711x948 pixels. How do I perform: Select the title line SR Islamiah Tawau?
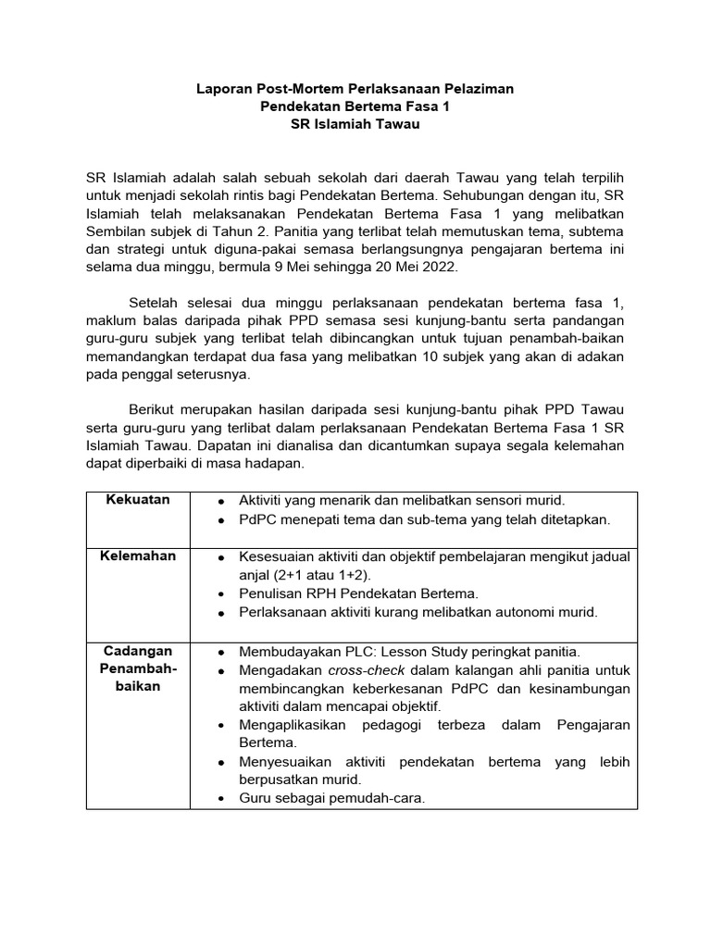pyautogui.click(x=355, y=124)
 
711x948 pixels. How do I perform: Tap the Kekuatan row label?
pyautogui.click(x=138, y=500)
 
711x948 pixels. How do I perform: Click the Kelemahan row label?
pyautogui.click(x=138, y=556)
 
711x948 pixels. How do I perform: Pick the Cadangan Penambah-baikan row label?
pyautogui.click(x=138, y=668)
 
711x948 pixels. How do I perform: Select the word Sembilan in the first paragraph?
pyautogui.click(x=115, y=231)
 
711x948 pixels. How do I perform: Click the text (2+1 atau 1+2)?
pyautogui.click(x=293, y=574)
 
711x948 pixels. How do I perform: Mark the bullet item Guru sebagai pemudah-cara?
pyautogui.click(x=331, y=799)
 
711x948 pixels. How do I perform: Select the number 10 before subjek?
pyautogui.click(x=434, y=356)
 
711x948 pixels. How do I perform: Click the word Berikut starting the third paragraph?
pyautogui.click(x=150, y=411)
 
